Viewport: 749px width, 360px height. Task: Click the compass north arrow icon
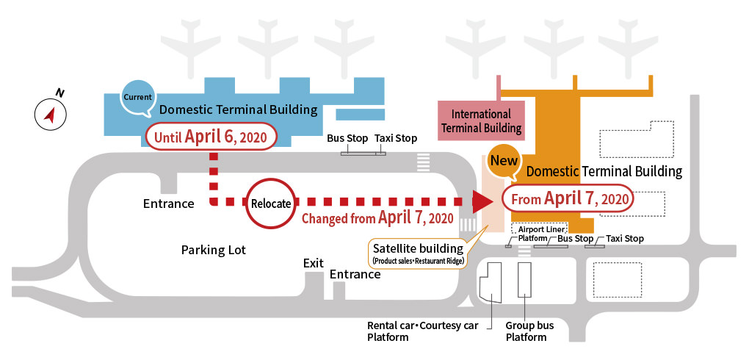[50, 115]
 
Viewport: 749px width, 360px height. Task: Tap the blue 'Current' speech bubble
[137, 97]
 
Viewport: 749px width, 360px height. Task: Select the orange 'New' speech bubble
[504, 161]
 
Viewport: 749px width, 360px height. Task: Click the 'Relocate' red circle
[271, 204]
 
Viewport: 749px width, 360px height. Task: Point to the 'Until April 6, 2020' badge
[211, 137]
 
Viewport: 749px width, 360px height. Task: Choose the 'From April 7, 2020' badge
[568, 198]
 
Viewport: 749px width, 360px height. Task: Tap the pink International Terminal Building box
[481, 121]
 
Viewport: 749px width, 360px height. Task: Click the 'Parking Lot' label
[214, 250]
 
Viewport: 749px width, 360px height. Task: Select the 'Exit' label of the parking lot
[314, 263]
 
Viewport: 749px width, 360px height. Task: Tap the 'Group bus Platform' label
[529, 331]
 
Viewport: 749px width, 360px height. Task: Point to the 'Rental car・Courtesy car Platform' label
[423, 331]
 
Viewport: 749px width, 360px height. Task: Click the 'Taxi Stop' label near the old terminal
[396, 139]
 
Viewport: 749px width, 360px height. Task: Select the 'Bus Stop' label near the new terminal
[576, 239]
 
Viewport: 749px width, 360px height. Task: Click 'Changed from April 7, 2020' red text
[377, 218]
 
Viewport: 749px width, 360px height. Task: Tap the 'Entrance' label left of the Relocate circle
[169, 204]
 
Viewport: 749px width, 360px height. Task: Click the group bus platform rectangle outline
[524, 280]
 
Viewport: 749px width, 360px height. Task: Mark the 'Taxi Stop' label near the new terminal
[625, 239]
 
